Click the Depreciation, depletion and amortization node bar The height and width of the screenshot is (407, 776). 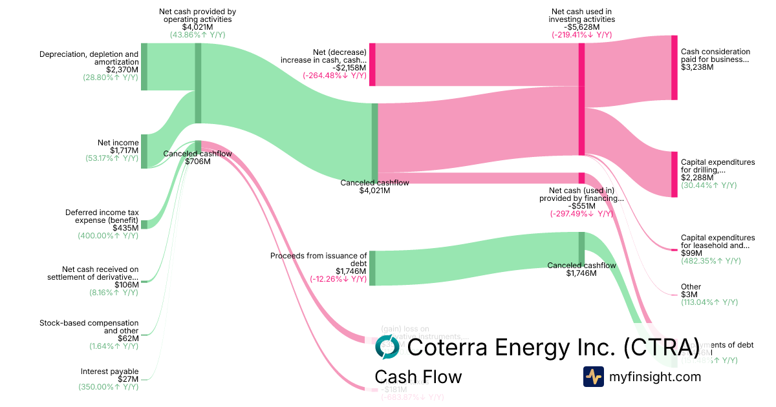click(144, 67)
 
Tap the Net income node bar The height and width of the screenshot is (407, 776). click(144, 151)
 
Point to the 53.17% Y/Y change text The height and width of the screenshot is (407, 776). click(112, 158)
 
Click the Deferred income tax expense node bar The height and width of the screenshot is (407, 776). click(144, 224)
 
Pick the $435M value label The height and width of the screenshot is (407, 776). click(125, 228)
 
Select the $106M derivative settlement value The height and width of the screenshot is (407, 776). click(126, 285)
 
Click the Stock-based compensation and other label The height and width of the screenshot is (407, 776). click(89, 326)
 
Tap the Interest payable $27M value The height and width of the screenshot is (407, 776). click(127, 379)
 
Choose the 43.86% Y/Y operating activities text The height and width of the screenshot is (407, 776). click(197, 35)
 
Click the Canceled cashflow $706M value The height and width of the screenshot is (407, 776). click(197, 162)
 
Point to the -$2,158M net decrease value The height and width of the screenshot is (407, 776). click(350, 68)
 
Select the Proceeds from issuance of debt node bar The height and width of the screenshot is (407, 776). click(372, 268)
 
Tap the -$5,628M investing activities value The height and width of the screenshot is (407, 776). click(581, 27)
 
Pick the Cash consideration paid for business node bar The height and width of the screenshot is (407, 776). click(674, 68)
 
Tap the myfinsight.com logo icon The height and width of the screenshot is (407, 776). click(593, 377)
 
